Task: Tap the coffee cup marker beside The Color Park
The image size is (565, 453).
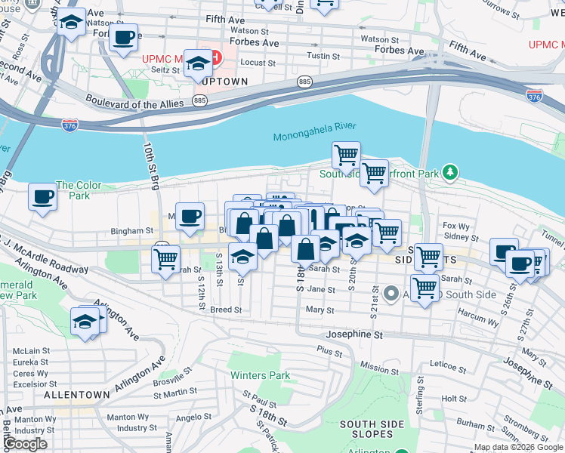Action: point(42,197)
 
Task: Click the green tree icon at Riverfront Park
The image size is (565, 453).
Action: point(450,173)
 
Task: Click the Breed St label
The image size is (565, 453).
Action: point(226,310)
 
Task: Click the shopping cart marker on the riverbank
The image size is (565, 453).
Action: point(346,155)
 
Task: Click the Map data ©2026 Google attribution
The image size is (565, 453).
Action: point(517,447)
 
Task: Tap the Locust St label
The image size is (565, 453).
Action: point(258,63)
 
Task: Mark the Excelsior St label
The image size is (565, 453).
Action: point(31,384)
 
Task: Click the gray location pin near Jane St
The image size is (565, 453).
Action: point(391,293)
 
